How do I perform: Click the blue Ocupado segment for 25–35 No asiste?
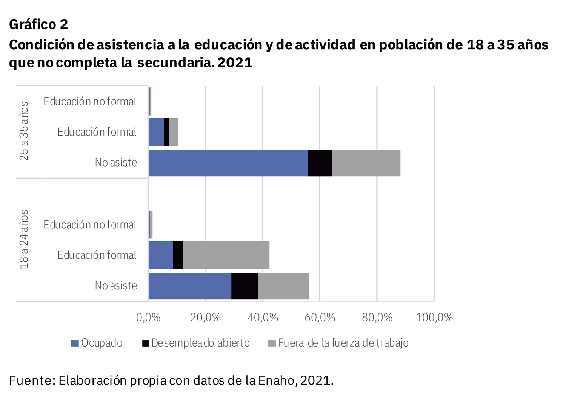click(x=228, y=163)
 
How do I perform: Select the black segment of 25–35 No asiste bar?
click(x=320, y=163)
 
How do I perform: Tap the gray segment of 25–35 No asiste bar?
click(x=366, y=163)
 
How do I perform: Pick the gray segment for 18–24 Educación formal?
click(x=226, y=255)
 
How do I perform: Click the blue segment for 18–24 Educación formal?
click(x=160, y=255)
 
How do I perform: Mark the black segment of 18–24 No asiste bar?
click(x=245, y=286)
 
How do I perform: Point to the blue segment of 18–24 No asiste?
click(x=190, y=286)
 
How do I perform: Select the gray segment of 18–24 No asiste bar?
click(x=283, y=286)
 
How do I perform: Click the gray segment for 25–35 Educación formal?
click(x=173, y=132)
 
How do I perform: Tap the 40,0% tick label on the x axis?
click(x=263, y=318)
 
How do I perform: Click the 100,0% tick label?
click(x=434, y=318)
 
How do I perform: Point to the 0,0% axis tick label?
click(x=148, y=318)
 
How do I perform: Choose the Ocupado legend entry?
click(x=97, y=343)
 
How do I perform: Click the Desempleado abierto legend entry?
click(x=196, y=343)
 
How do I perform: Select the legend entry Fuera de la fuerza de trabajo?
click(x=338, y=343)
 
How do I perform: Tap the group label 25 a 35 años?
click(x=24, y=131)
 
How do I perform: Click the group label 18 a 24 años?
click(x=24, y=239)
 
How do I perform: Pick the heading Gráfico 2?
click(x=38, y=24)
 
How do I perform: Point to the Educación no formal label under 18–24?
click(x=90, y=225)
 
